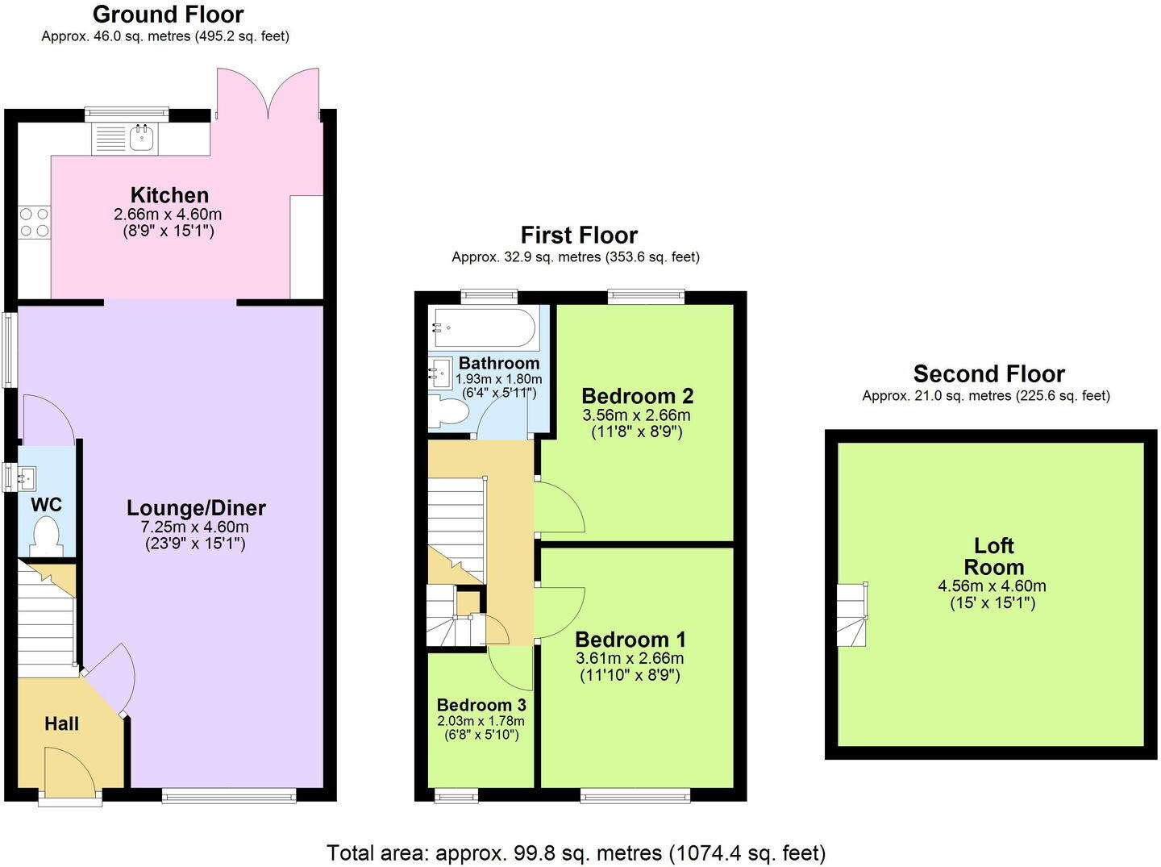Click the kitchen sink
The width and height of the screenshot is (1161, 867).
[143, 138]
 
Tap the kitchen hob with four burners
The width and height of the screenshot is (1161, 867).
[34, 223]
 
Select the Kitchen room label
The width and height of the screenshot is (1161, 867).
[169, 195]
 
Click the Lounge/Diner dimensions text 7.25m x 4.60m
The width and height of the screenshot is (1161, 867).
[195, 527]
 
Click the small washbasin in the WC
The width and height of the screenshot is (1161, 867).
[26, 477]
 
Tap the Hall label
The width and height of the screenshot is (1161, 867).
[61, 723]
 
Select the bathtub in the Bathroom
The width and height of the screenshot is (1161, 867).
[484, 327]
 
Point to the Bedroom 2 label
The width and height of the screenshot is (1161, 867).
[637, 396]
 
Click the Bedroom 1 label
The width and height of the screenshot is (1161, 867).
[630, 640]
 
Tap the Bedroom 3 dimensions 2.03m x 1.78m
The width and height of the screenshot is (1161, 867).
[481, 721]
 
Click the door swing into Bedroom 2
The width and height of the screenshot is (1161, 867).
[560, 508]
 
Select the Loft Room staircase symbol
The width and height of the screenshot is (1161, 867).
[853, 615]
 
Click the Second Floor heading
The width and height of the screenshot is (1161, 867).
[988, 374]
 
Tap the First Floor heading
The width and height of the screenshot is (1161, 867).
[579, 236]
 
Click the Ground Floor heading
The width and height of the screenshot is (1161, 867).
[168, 15]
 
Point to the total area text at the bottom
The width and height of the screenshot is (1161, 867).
[576, 852]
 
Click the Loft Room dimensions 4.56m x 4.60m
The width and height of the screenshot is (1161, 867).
[992, 586]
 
